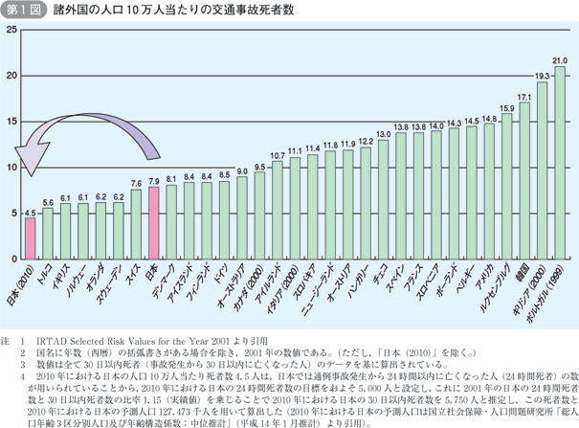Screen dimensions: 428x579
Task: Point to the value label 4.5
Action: [x=30, y=213]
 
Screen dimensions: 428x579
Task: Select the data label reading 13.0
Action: [x=383, y=133]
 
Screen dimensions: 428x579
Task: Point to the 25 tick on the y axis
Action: [x=11, y=31]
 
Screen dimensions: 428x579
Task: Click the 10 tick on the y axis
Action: [x=11, y=168]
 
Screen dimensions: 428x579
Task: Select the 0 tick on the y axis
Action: [x=13, y=259]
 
